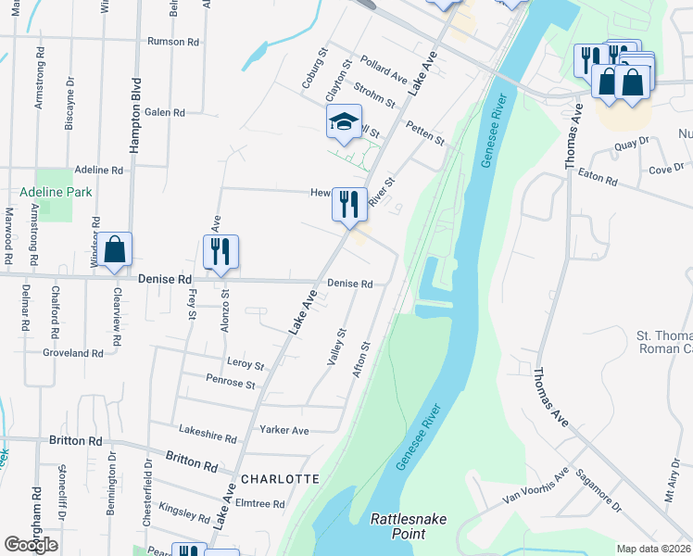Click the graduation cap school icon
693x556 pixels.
pos(344,122)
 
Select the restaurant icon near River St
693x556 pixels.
pos(348,204)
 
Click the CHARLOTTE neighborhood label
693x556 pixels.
pos(279,479)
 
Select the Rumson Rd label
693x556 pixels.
pos(173,42)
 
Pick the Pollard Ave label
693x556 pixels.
pos(384,67)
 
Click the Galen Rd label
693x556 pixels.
pos(165,112)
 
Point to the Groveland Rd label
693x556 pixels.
pos(73,353)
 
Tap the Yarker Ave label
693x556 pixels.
pos(284,430)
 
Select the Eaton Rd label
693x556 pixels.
pos(598,176)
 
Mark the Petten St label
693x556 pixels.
pos(425,135)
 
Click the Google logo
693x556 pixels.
pos(31,545)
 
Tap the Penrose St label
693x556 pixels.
pos(231,383)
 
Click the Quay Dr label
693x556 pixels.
pos(634,144)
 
